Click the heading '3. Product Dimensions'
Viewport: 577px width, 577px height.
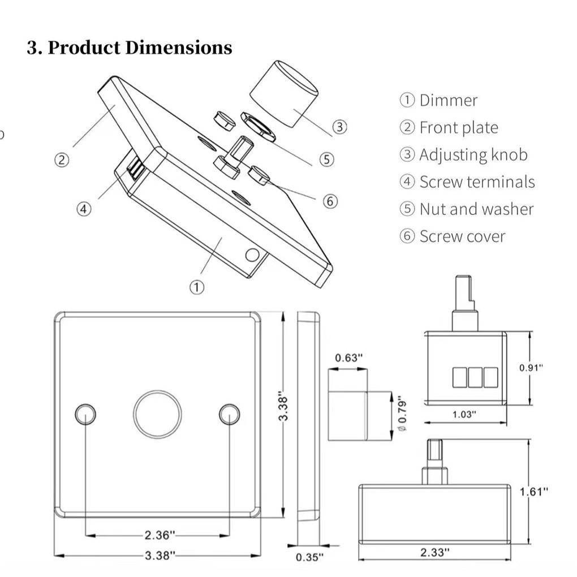(130, 48)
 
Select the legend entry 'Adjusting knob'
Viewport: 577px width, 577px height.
(472, 154)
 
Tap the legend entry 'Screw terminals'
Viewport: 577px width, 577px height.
(476, 182)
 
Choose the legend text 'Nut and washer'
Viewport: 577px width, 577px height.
(476, 209)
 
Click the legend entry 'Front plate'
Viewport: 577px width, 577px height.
(458, 127)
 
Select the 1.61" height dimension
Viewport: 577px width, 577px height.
(533, 491)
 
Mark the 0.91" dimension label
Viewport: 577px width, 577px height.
(531, 368)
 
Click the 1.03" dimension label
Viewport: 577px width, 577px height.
(464, 414)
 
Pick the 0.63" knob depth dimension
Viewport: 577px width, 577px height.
(348, 358)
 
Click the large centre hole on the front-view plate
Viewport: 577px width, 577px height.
(157, 414)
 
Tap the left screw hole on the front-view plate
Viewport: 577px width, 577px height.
(85, 415)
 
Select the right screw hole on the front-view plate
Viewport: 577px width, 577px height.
(229, 415)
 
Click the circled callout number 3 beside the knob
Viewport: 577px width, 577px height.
(339, 127)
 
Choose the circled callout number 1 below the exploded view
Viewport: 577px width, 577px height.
(196, 287)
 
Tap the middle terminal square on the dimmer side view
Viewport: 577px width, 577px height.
(475, 377)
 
